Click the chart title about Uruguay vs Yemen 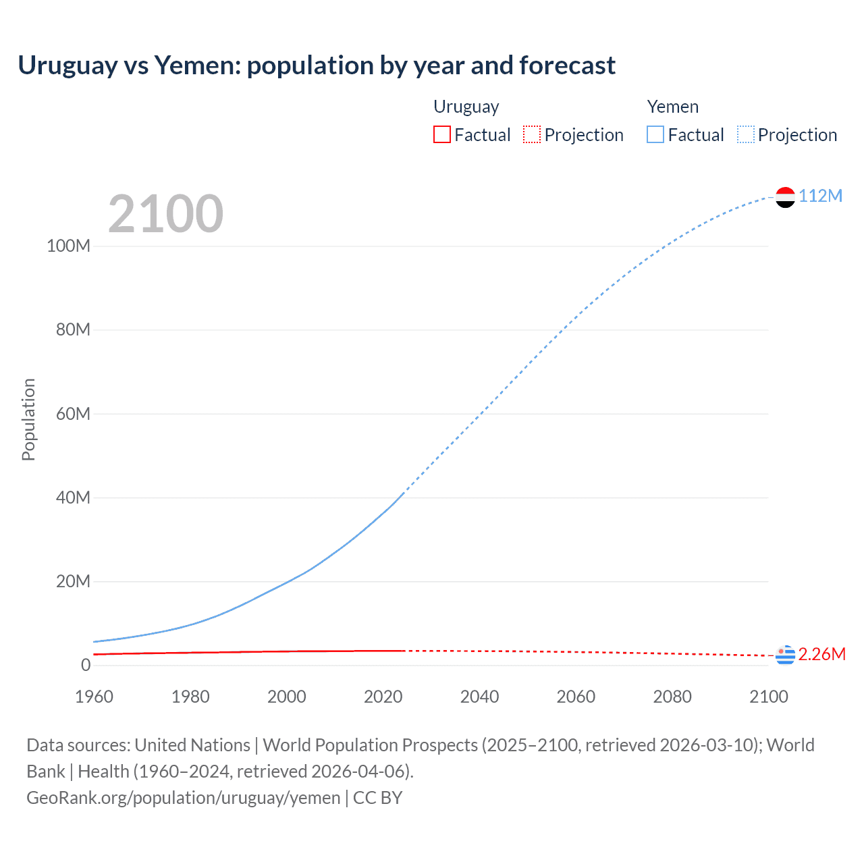pyautogui.click(x=316, y=65)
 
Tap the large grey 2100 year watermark pyautogui.click(x=165, y=214)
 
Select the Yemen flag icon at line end pyautogui.click(x=785, y=197)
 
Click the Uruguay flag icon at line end pyautogui.click(x=785, y=655)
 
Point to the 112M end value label pyautogui.click(x=820, y=196)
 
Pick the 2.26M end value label pyautogui.click(x=821, y=654)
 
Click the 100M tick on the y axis pyautogui.click(x=68, y=246)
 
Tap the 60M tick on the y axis pyautogui.click(x=73, y=414)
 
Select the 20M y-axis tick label pyautogui.click(x=73, y=581)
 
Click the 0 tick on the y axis pyautogui.click(x=85, y=665)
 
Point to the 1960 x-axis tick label pyautogui.click(x=94, y=697)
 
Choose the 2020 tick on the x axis pyautogui.click(x=383, y=697)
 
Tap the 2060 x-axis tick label pyautogui.click(x=576, y=697)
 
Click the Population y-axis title pyautogui.click(x=28, y=419)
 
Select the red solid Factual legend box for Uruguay pyautogui.click(x=441, y=135)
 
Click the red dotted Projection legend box pyautogui.click(x=532, y=135)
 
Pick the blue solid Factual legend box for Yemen pyautogui.click(x=655, y=135)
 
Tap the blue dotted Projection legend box pyautogui.click(x=745, y=135)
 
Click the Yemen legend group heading pyautogui.click(x=672, y=107)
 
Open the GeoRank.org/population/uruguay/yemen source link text pyautogui.click(x=183, y=797)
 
